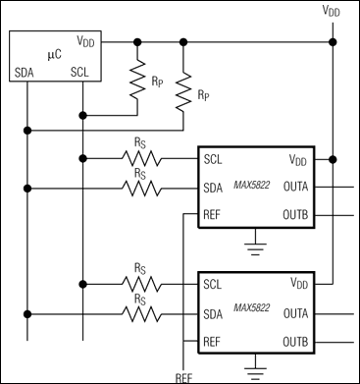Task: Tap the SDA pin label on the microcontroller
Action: [x=26, y=72]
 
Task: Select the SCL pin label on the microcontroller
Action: [x=81, y=72]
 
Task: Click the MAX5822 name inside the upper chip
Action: [x=251, y=187]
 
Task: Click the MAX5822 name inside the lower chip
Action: [x=251, y=313]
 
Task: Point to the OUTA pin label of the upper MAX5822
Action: [x=297, y=187]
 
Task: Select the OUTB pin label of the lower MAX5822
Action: [x=297, y=342]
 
